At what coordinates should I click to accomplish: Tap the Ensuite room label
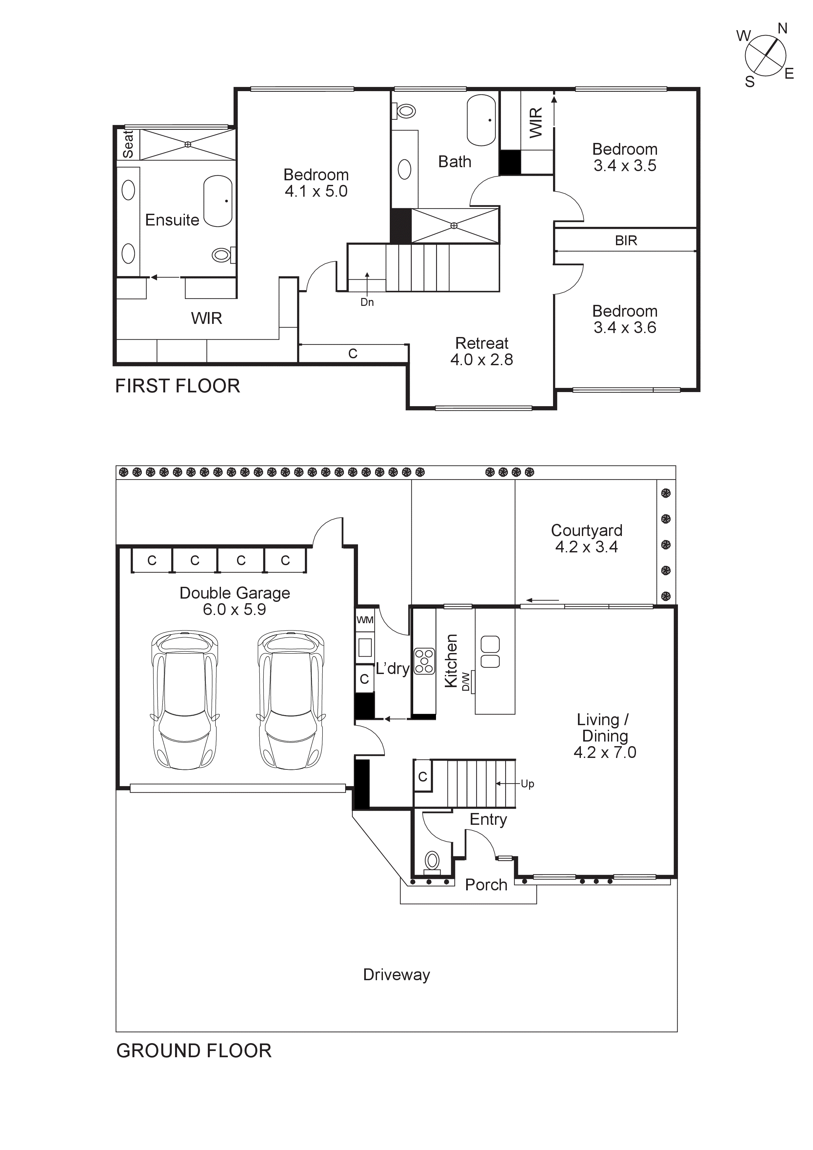coord(172,220)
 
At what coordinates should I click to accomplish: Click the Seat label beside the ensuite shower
coord(128,144)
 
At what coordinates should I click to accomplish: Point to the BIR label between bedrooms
coord(626,241)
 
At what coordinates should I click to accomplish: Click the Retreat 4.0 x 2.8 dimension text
coord(481,360)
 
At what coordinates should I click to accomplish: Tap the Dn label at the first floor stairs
coord(367,302)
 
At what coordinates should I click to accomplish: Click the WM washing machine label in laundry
coord(365,620)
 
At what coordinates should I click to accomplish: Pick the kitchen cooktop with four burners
coord(424,661)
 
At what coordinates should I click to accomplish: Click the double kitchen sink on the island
coord(490,652)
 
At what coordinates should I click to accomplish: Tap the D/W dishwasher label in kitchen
coord(466,681)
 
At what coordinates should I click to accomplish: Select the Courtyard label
coord(586,530)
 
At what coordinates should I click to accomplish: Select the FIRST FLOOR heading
coord(177,386)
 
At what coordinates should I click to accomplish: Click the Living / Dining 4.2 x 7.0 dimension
coord(605,752)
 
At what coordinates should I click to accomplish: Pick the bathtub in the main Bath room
coord(481,120)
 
